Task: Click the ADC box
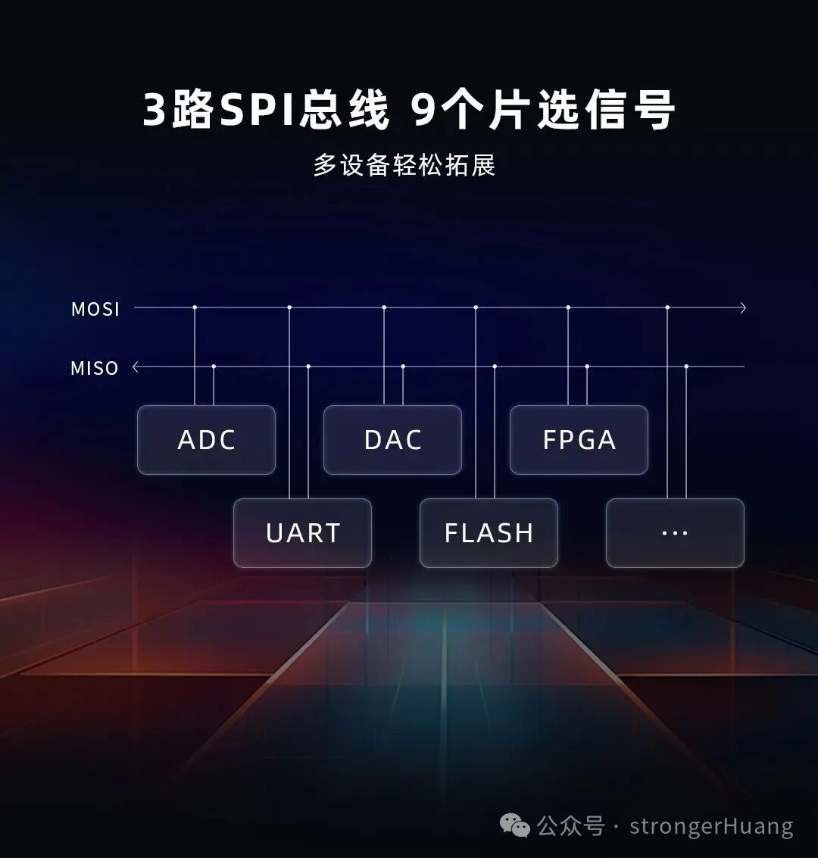206,440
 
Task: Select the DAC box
392,440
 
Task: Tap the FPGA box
579,440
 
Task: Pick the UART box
302,533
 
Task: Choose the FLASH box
489,533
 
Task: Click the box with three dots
675,533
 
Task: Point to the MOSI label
95,309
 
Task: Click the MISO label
95,369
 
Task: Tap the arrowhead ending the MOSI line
743,307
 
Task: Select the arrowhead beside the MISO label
136,367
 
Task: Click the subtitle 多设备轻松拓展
404,165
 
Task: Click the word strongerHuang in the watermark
711,825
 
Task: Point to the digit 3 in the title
155,111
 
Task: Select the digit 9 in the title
424,111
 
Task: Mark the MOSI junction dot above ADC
195,307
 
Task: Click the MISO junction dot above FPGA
587,367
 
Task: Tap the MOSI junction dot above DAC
384,307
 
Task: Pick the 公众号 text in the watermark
571,825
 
